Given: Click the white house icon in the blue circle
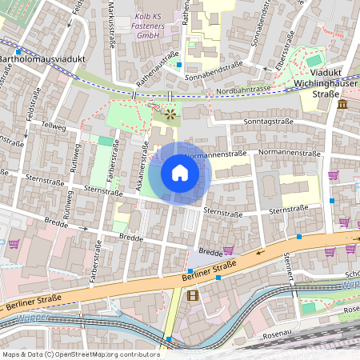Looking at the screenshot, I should tap(180, 172).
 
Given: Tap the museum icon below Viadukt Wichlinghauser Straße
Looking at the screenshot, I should tap(342, 105).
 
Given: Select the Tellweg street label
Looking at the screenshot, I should tap(54, 126).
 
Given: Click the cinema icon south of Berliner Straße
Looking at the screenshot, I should tap(191, 294).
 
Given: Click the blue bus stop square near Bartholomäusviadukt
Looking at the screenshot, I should tap(18, 51).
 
